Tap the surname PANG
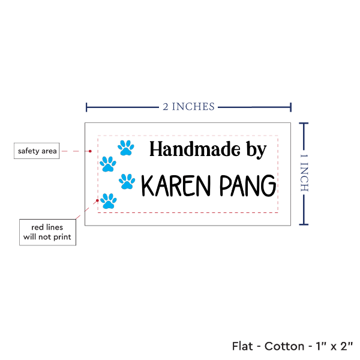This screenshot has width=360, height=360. tap(247, 187)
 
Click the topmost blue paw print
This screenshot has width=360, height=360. tap(125, 147)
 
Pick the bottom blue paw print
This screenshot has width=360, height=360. tap(108, 200)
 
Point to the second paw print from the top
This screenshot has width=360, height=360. tap(108, 163)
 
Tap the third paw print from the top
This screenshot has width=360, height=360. tap(127, 181)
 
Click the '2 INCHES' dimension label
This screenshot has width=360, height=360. tap(188, 107)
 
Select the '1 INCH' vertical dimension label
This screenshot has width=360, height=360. tap(304, 172)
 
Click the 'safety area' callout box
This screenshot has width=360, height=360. tap(37, 151)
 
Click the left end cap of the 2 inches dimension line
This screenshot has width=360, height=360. tap(87, 107)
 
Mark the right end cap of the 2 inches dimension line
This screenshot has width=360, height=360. tap(292, 107)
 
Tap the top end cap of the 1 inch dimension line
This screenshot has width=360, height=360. tap(304, 123)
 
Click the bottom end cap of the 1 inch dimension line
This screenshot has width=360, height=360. tap(304, 225)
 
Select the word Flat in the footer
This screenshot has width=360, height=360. tap(243, 346)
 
